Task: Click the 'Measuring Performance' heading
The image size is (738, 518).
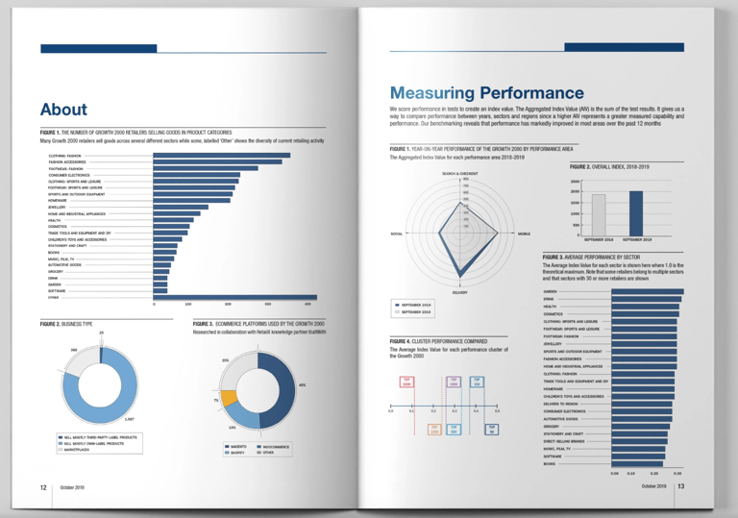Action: click(486, 93)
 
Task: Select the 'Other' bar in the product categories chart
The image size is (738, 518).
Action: click(235, 297)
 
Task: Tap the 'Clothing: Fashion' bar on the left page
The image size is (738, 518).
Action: click(222, 155)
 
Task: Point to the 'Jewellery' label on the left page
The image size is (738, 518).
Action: click(57, 207)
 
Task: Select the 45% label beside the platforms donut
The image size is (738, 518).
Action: click(302, 385)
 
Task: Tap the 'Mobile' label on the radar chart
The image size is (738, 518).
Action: click(524, 234)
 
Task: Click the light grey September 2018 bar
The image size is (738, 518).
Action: click(598, 214)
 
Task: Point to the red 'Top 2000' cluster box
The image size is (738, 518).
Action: click(406, 381)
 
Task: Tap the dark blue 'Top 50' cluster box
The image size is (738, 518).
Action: click(492, 429)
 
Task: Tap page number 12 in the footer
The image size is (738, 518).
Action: click(43, 487)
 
